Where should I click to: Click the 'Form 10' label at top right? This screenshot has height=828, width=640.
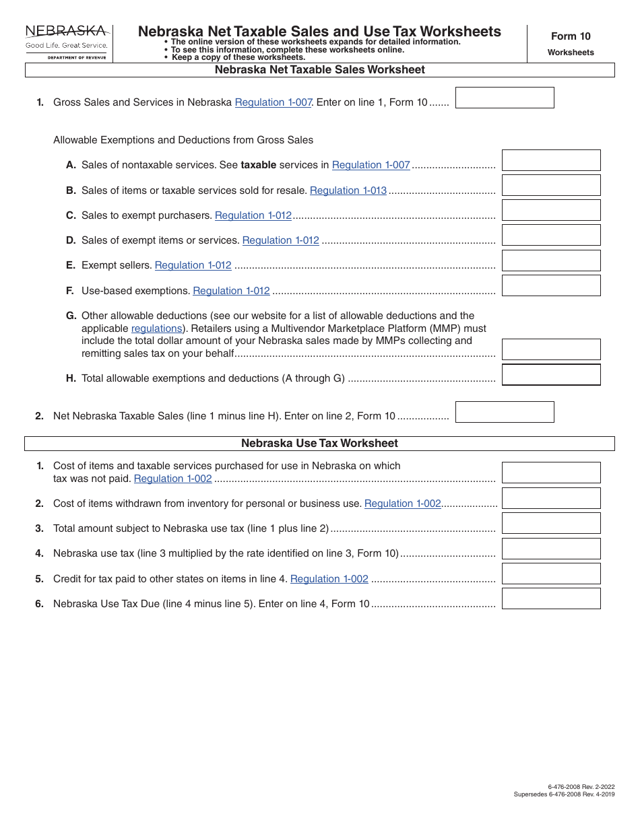click(x=570, y=36)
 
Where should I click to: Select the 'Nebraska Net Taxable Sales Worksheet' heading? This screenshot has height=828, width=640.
click(x=319, y=70)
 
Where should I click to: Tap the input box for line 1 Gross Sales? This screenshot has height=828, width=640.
click(x=505, y=98)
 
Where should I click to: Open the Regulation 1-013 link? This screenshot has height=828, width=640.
click(x=348, y=191)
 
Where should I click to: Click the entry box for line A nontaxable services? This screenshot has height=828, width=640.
click(x=551, y=160)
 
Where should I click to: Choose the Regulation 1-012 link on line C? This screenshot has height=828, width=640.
click(x=253, y=215)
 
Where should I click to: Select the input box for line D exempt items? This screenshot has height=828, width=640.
click(x=551, y=235)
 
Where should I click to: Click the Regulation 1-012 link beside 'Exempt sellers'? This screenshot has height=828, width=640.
click(x=193, y=265)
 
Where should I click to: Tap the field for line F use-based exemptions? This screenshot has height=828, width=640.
click(x=551, y=285)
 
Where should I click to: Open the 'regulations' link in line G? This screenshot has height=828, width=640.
click(x=156, y=329)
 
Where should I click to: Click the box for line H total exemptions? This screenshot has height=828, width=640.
click(x=551, y=374)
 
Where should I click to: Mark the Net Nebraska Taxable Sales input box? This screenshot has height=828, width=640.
click(x=505, y=412)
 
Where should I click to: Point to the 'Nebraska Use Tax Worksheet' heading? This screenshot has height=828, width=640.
click(x=319, y=444)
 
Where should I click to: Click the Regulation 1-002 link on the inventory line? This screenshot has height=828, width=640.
click(x=403, y=504)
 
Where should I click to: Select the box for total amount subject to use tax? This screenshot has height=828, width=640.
click(x=551, y=523)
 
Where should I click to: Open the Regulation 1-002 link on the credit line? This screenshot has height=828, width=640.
click(x=329, y=579)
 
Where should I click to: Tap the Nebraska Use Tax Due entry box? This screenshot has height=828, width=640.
click(x=551, y=598)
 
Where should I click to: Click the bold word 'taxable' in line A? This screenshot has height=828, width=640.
click(x=259, y=165)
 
